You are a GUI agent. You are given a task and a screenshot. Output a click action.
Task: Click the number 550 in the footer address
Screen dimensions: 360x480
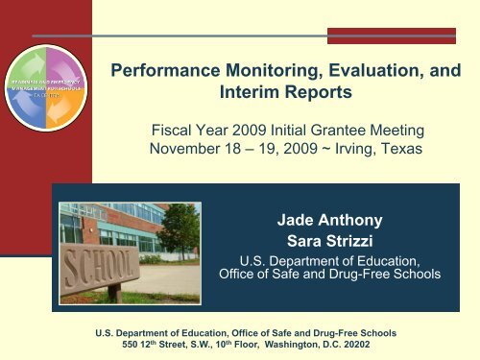click(x=140, y=345)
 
